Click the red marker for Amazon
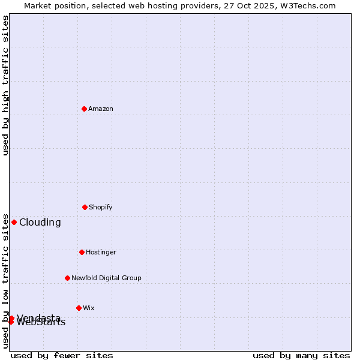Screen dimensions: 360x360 pyautogui.click(x=84, y=109)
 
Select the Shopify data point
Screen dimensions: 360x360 pyautogui.click(x=85, y=207)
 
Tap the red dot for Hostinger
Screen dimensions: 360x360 pyautogui.click(x=82, y=252)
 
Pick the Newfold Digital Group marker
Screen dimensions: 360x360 pyautogui.click(x=67, y=278)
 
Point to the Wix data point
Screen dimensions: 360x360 pyautogui.click(x=79, y=308)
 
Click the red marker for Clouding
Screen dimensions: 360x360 pyautogui.click(x=14, y=222)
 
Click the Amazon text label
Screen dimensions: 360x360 pyautogui.click(x=101, y=109)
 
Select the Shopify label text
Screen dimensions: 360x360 pyautogui.click(x=101, y=207)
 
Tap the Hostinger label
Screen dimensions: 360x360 pyautogui.click(x=101, y=252)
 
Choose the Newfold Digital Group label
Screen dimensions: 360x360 pyautogui.click(x=106, y=278)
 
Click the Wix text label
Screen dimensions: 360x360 pyautogui.click(x=89, y=308)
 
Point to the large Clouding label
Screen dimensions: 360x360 pyautogui.click(x=40, y=222)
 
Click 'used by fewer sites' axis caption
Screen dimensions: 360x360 pyautogui.click(x=62, y=355)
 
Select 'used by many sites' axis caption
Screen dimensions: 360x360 pyautogui.click(x=301, y=355)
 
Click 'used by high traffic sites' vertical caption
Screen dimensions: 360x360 pyautogui.click(x=5, y=85)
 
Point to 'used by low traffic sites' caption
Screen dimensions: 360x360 pyautogui.click(x=5, y=281)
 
